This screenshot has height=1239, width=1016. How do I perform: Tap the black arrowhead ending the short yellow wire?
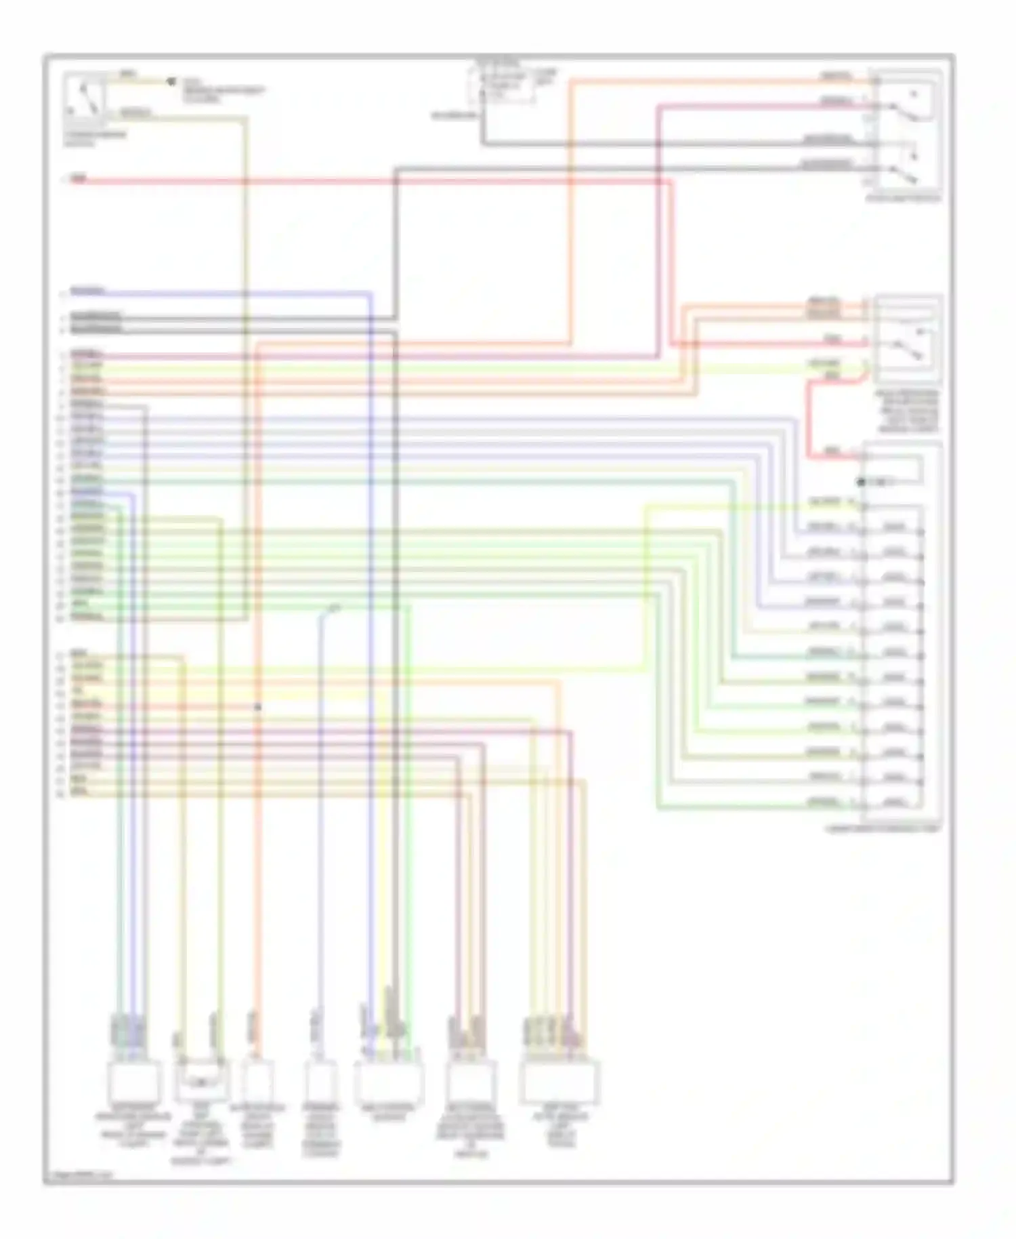click(x=171, y=82)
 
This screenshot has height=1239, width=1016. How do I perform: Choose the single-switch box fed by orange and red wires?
click(x=907, y=339)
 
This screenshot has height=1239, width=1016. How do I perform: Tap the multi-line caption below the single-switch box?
click(x=908, y=411)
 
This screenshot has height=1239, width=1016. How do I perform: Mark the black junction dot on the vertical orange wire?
click(x=257, y=707)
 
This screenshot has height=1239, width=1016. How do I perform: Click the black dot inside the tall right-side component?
click(x=861, y=482)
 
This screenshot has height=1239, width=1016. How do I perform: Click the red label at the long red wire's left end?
click(x=79, y=180)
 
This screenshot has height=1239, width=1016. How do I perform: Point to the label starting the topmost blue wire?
click(x=87, y=292)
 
